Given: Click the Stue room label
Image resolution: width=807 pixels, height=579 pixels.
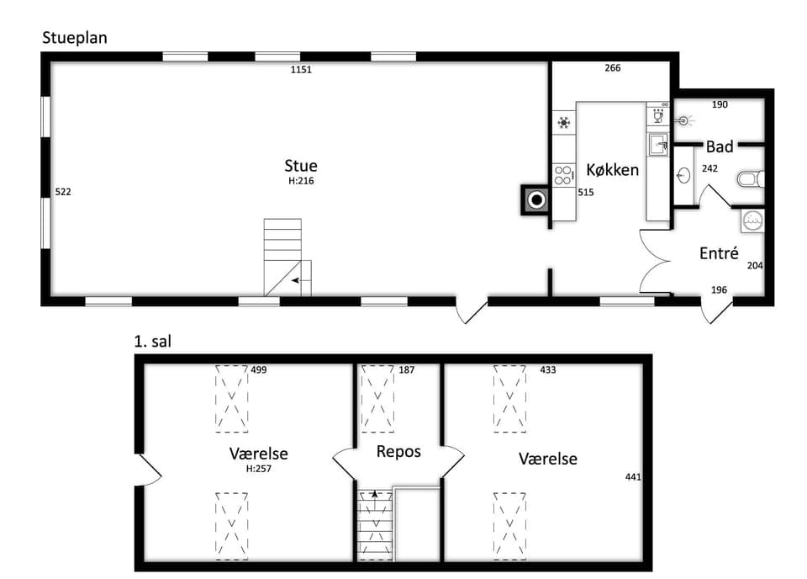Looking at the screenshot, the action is (301, 165).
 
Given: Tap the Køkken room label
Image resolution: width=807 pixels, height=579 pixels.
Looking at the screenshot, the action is (613, 169).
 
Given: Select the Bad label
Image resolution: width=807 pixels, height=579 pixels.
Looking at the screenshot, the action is (720, 146).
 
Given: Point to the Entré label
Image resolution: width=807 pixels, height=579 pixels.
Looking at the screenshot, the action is (719, 253).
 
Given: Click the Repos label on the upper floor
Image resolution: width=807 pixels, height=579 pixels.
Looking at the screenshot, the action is (398, 452).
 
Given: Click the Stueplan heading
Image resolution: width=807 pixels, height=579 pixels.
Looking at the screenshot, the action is (75, 38).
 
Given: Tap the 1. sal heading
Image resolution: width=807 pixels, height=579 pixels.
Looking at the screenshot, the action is (152, 341).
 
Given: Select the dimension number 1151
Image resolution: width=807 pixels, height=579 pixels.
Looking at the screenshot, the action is (301, 70).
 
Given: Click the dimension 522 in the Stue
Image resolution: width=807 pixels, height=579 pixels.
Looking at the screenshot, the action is (63, 192).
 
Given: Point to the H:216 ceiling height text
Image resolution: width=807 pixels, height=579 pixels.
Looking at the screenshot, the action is (301, 181).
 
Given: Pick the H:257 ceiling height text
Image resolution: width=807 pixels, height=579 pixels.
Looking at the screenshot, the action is (258, 469).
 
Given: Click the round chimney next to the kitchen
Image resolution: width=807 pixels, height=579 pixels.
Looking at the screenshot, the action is (536, 199).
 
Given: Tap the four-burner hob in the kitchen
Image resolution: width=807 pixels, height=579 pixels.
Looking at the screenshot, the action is (563, 175).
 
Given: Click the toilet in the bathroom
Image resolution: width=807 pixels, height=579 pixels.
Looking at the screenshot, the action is (752, 179).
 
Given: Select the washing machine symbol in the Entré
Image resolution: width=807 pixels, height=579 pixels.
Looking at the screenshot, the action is (753, 220).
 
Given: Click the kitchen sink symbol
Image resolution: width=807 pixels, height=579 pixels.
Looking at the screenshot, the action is (658, 144).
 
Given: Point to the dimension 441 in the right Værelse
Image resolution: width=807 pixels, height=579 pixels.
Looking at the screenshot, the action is (633, 477).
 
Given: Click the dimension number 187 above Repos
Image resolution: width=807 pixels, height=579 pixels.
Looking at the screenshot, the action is (407, 369).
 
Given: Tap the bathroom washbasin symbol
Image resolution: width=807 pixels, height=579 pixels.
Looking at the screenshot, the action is (683, 176).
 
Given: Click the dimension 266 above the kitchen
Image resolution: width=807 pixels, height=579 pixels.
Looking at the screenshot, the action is (613, 67).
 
